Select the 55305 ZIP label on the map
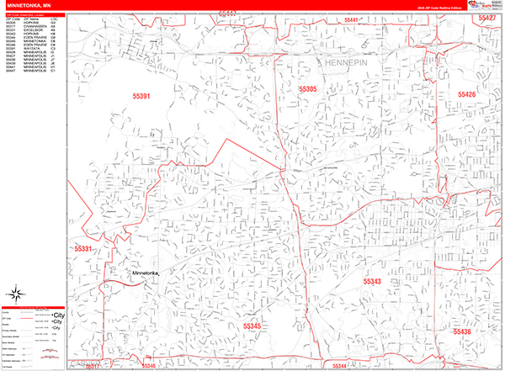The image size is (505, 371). [x=307, y=89]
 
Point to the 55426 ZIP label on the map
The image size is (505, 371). [x=466, y=95]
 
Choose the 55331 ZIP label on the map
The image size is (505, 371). [x=83, y=249]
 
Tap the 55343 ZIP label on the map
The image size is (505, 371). [x=373, y=281]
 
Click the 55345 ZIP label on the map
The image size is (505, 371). [x=252, y=325]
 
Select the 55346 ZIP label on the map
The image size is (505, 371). [x=147, y=366]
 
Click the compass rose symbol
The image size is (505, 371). [x=16, y=294]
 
